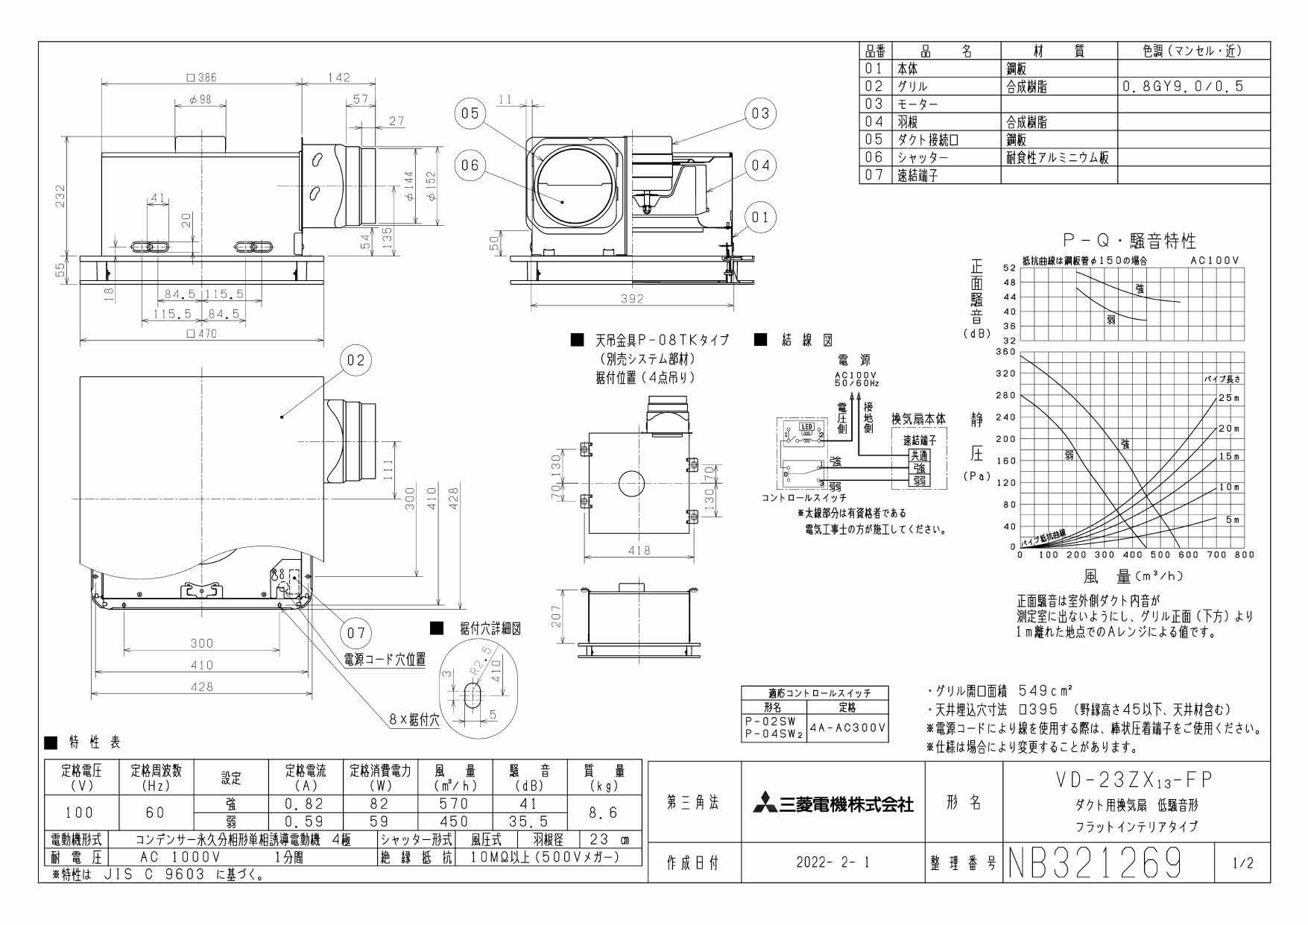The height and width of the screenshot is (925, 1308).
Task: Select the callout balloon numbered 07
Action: [355, 633]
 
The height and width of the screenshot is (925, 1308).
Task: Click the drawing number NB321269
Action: [1095, 864]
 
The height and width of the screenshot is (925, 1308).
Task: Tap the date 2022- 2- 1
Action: [833, 863]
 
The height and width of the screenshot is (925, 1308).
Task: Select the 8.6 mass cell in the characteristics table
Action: [604, 812]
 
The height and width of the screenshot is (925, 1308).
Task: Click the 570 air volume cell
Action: [454, 804]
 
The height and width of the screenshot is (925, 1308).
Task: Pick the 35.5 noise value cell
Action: [530, 820]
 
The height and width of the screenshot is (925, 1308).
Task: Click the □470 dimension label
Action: [201, 334]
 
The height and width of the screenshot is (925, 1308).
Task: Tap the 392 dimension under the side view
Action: [632, 298]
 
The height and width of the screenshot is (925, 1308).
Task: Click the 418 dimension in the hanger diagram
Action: [639, 550]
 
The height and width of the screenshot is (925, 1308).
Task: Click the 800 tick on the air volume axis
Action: [1245, 555]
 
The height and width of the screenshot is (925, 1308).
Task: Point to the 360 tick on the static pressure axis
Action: [1007, 352]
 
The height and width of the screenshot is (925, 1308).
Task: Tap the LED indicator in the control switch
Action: [806, 428]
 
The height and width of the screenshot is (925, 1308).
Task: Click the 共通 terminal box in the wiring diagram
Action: [919, 455]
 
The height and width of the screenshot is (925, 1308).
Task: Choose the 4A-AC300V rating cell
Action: [847, 727]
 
